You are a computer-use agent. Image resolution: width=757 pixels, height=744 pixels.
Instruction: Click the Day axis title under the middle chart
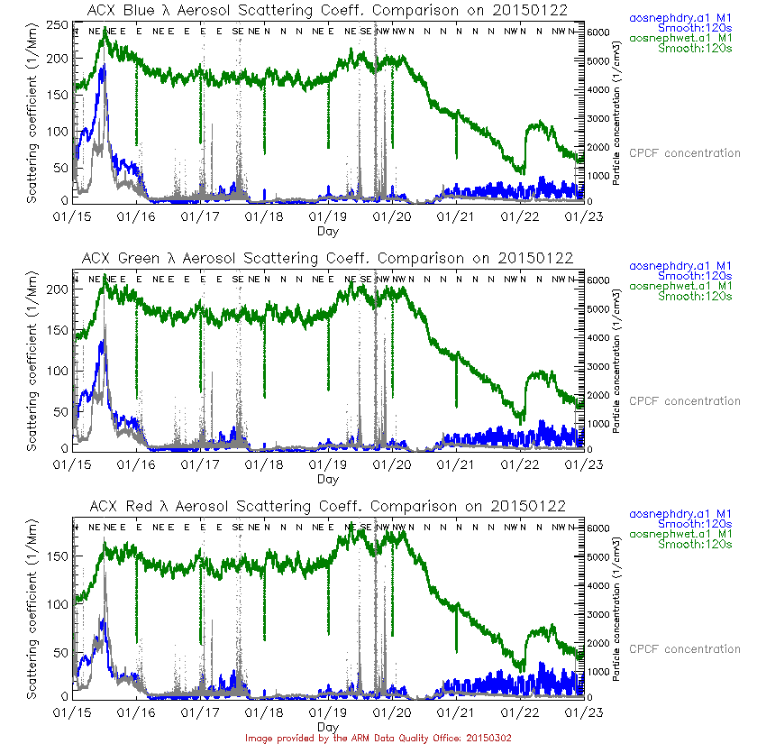tap(328, 479)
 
